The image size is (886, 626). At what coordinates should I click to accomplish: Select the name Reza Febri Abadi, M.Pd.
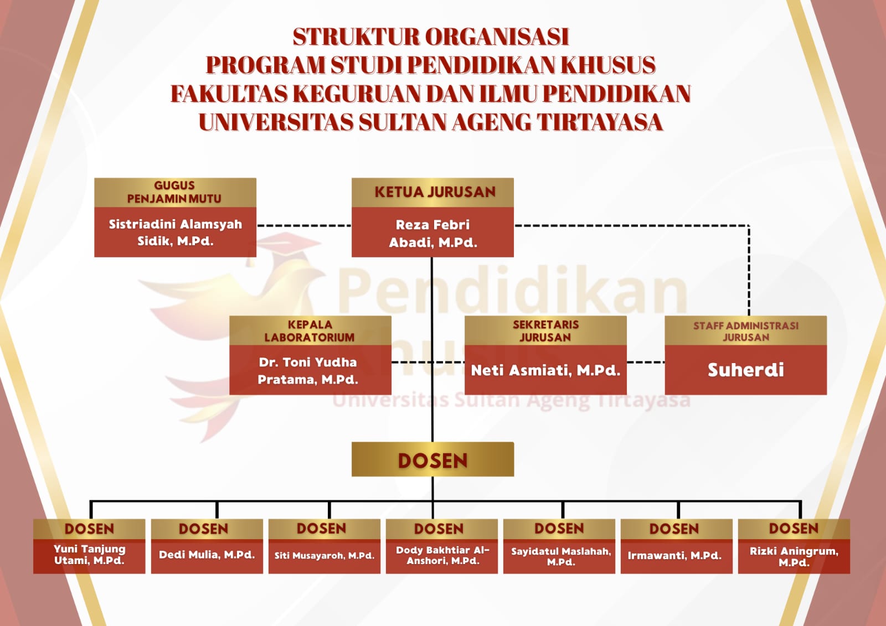point(432,233)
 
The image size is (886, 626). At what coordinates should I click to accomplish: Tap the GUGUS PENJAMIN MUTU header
point(174,192)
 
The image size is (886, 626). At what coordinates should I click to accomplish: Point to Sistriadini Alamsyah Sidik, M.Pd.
point(175,232)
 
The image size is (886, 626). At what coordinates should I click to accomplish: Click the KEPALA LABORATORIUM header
point(310,330)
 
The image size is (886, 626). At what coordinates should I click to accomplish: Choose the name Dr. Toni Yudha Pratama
point(308,370)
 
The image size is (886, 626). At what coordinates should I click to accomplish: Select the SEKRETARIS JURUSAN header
point(545,330)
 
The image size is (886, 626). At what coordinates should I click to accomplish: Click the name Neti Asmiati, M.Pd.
point(545,370)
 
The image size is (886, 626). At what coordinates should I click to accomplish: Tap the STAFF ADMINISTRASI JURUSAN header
point(745,331)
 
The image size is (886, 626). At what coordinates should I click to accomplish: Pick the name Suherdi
point(745,370)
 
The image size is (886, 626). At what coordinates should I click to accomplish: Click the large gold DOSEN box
point(432,460)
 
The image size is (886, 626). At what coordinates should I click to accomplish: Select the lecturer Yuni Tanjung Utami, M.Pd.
point(89,555)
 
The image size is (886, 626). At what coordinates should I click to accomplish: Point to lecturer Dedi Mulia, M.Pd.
point(207,555)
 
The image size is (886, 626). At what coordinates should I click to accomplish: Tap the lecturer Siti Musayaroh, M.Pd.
point(324,555)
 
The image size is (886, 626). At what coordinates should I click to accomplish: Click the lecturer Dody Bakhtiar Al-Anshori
point(442,555)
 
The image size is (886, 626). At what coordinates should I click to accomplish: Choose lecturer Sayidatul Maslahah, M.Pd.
point(560,556)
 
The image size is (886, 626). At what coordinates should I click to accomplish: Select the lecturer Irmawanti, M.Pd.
point(674,555)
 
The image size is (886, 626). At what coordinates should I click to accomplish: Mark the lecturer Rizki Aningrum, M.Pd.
point(794,556)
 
